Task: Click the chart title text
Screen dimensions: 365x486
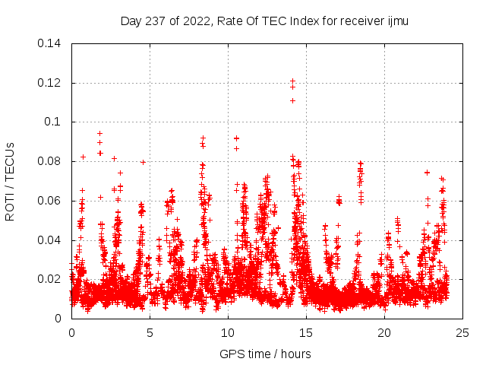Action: (x=264, y=21)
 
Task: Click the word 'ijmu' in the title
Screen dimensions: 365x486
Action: (x=396, y=21)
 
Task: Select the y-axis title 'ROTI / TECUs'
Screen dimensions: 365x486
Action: (x=10, y=181)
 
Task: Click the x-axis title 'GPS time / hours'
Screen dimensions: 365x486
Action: (x=265, y=354)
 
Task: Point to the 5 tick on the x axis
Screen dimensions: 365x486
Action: (x=150, y=332)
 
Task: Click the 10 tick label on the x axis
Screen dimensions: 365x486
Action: (x=228, y=332)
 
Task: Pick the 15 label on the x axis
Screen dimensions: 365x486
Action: (x=306, y=332)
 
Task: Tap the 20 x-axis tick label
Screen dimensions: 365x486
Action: (x=384, y=332)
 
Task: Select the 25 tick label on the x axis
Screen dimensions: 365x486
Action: (x=462, y=332)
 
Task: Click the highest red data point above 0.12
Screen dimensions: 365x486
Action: (x=292, y=81)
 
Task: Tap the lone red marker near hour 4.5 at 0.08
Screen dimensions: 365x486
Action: (x=143, y=162)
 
